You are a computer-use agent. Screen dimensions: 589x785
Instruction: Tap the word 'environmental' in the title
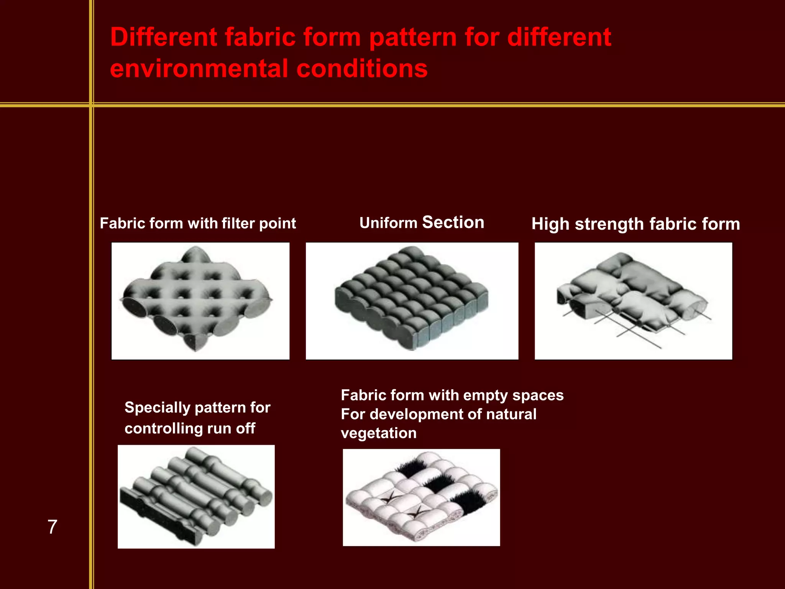[199, 69]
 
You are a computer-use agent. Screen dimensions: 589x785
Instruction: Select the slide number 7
[52, 527]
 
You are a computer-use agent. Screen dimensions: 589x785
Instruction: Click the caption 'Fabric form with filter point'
[198, 223]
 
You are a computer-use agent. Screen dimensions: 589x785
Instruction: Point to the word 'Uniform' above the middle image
[388, 223]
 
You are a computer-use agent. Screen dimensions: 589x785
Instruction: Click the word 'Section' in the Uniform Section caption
[453, 222]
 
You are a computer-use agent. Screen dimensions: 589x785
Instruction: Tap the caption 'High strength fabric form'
[636, 224]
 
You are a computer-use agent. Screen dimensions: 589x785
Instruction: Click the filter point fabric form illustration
[200, 301]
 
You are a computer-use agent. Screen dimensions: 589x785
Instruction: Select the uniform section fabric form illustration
[412, 301]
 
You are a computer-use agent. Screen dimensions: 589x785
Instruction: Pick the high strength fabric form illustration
[633, 301]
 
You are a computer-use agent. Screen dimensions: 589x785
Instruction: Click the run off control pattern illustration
[196, 497]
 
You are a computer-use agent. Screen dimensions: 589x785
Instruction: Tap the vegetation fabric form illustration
[421, 497]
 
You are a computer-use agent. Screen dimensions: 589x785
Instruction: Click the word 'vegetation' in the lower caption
[379, 433]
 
